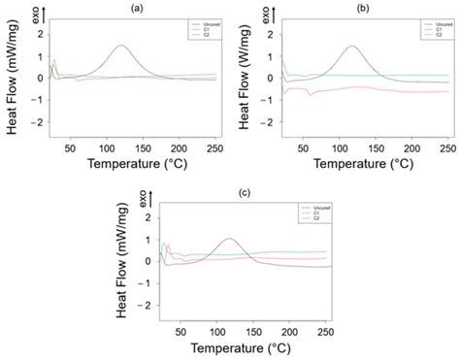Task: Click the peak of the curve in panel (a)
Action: click(x=119, y=46)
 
